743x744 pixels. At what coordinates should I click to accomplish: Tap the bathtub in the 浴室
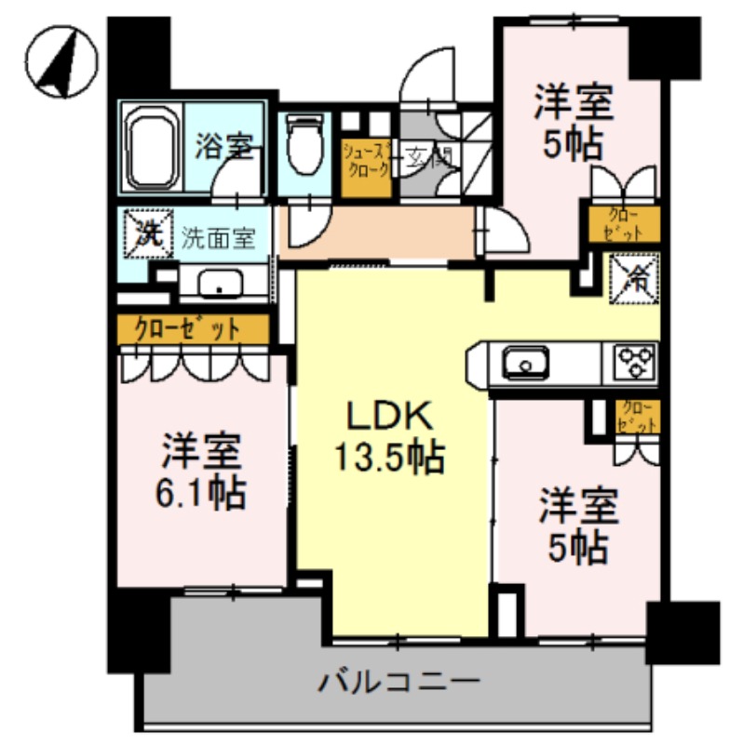[x=151, y=149]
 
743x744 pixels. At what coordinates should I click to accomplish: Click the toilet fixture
[x=302, y=145]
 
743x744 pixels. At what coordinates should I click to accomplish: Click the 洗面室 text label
[x=218, y=238]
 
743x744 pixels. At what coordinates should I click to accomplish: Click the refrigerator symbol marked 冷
[x=634, y=277]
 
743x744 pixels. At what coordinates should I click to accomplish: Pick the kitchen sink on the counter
[x=525, y=361]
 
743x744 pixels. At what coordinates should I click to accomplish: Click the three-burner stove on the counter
[x=633, y=361]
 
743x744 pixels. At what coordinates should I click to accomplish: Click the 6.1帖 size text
[x=200, y=492]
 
